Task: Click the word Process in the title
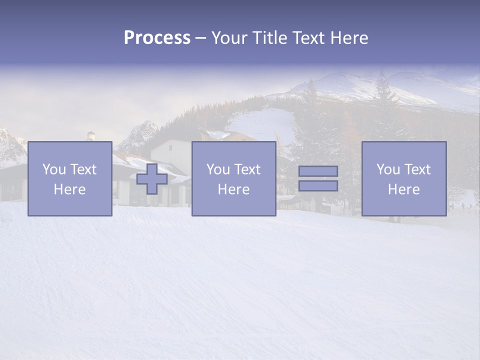pos(157,38)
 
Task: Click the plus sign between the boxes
pos(152,179)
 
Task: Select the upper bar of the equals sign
pos(318,171)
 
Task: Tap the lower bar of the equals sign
pos(318,186)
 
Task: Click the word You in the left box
pos(54,169)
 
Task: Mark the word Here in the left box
pos(69,189)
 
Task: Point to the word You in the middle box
pos(218,169)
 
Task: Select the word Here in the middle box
pos(233,189)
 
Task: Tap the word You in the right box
pos(388,169)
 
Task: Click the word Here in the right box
pos(403,189)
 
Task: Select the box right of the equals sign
pos(404,205)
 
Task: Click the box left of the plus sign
pos(70,205)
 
